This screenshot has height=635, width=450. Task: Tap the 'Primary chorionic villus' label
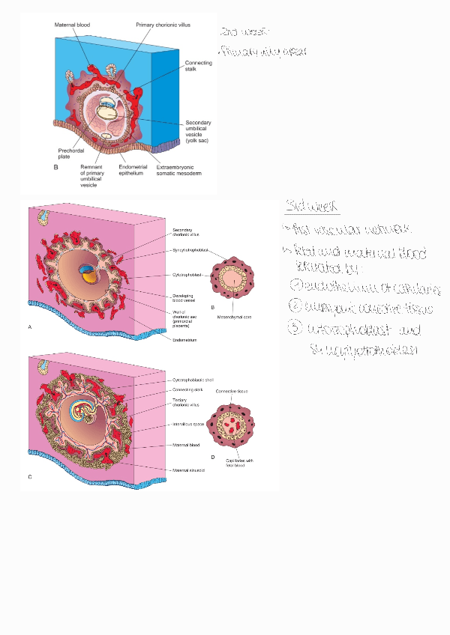[163, 25]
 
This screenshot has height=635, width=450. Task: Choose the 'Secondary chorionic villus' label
[184, 233]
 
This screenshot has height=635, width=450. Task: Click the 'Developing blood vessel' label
[184, 299]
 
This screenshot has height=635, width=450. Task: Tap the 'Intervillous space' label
[187, 424]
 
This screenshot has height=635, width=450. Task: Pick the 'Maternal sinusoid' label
[188, 470]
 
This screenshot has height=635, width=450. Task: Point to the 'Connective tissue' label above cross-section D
[231, 392]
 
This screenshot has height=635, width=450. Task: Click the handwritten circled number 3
[296, 328]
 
